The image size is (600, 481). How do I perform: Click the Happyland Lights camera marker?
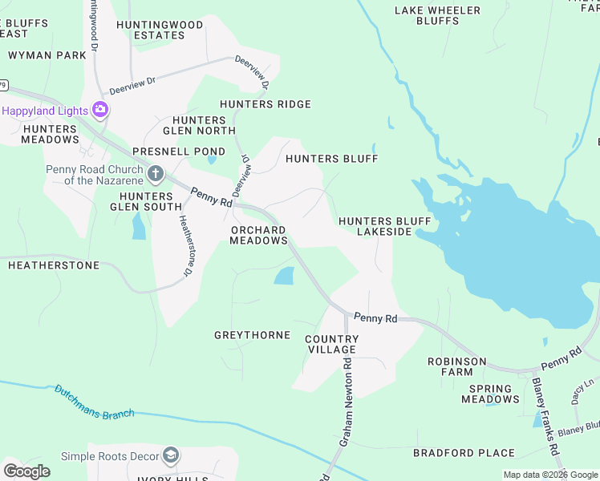click(x=100, y=109)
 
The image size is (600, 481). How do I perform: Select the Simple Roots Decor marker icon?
click(x=170, y=456)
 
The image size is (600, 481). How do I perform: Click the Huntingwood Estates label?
click(x=160, y=30)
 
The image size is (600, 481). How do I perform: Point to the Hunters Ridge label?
click(x=265, y=104)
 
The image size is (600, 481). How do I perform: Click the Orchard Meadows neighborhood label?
click(x=258, y=235)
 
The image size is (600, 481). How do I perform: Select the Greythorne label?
click(x=252, y=335)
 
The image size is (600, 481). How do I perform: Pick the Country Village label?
click(x=331, y=345)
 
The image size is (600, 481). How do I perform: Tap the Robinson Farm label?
click(x=456, y=366)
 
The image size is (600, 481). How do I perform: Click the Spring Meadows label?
click(x=490, y=394)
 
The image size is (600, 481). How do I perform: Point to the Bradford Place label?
click(x=464, y=453)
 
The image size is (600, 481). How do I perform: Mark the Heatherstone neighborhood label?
click(x=53, y=265)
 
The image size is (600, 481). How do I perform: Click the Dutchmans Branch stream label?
click(x=94, y=403)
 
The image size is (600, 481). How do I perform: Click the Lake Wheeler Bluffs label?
click(x=438, y=15)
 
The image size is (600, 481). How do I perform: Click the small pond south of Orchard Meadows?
click(x=284, y=276)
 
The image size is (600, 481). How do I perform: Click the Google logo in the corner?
click(x=26, y=471)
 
